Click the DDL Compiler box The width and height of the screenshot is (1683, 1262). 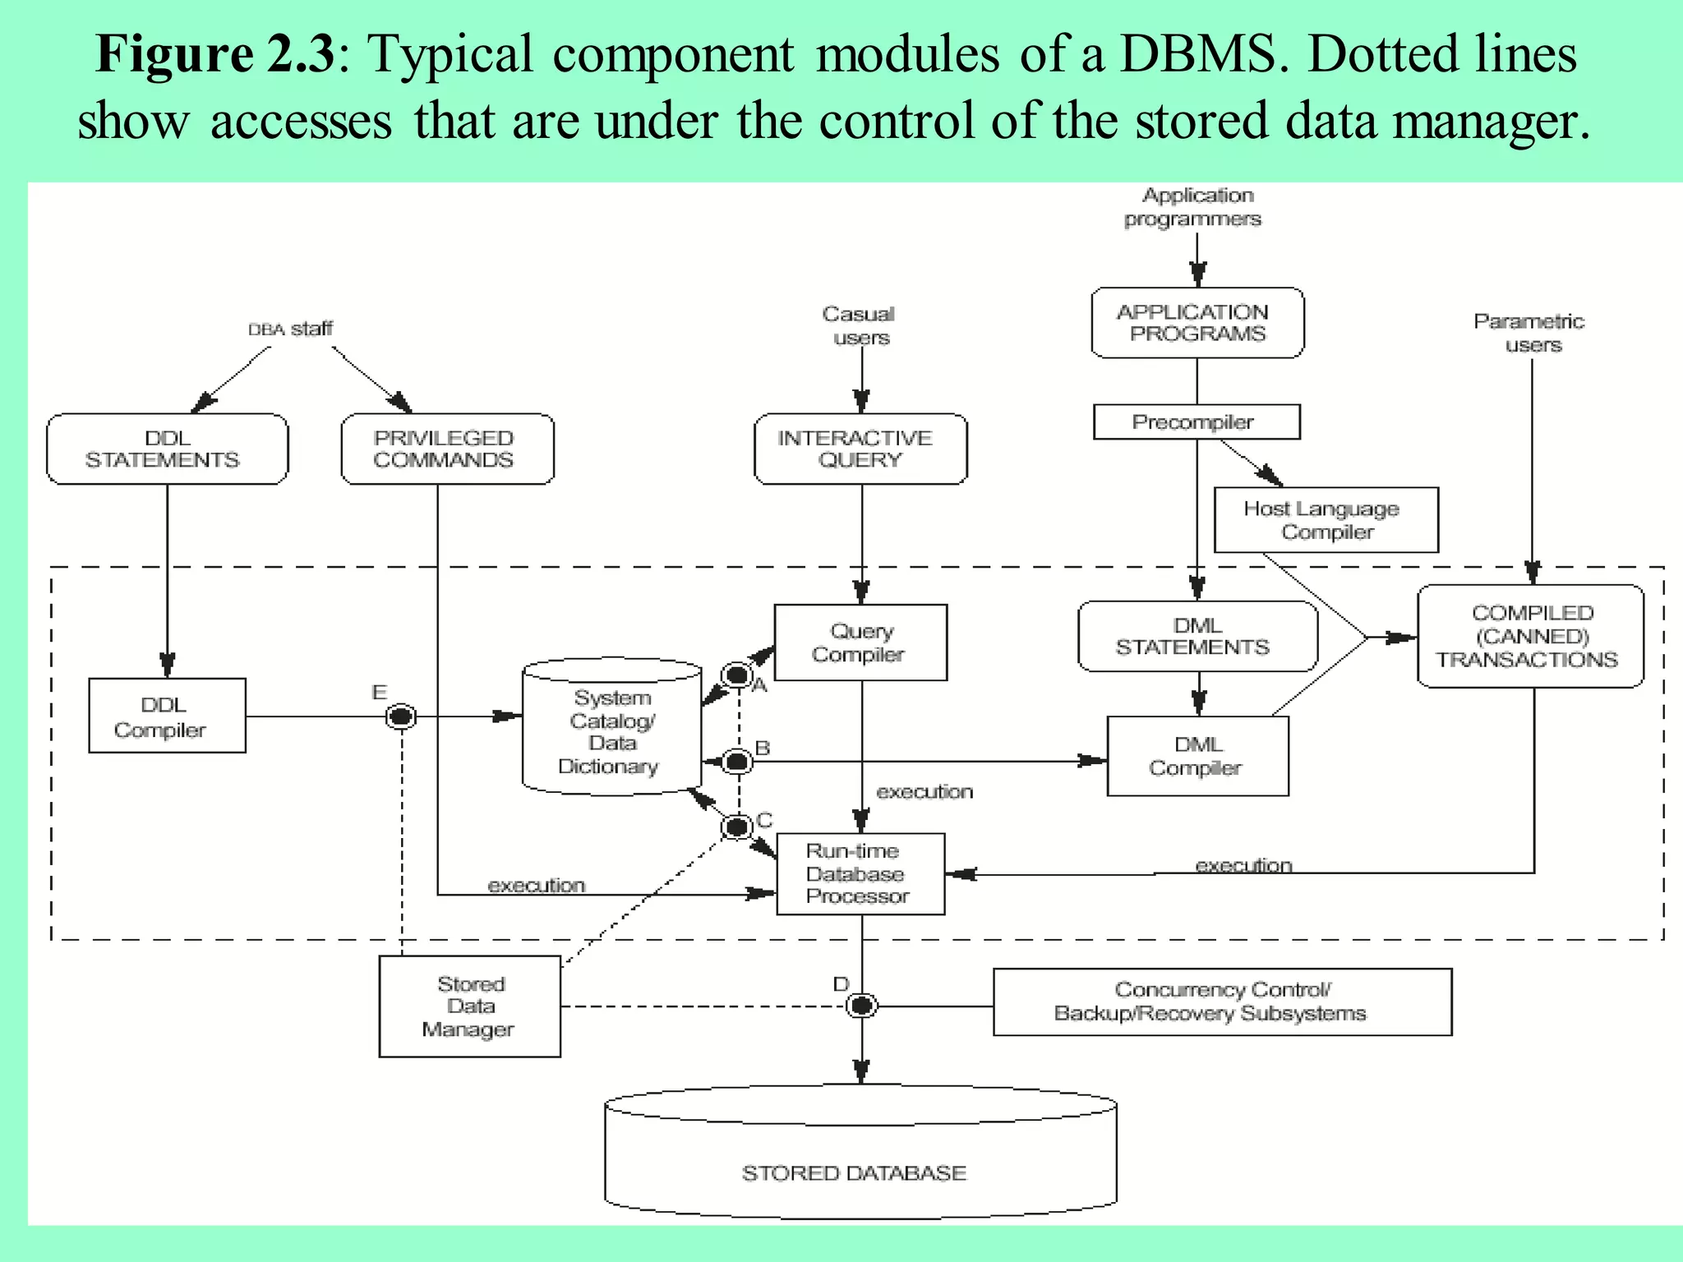[167, 716]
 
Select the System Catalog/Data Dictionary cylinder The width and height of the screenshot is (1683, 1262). [611, 729]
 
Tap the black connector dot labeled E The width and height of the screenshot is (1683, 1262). [401, 716]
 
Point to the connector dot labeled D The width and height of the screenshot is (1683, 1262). [861, 1005]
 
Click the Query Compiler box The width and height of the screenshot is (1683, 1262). [860, 643]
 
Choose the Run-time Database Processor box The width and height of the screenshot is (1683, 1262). [860, 873]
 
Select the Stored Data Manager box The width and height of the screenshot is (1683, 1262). [469, 1006]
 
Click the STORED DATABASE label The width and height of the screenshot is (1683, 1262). [854, 1172]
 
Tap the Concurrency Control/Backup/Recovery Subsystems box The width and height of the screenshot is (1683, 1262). [1222, 1002]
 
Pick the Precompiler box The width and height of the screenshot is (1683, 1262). [1196, 421]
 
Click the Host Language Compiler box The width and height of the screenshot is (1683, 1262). [1326, 520]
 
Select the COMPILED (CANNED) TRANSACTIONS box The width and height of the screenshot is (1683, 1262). [1530, 636]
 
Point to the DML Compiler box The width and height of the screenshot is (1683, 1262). [1197, 756]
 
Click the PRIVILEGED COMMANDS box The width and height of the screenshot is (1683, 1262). [447, 449]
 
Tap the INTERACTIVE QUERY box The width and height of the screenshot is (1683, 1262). [860, 449]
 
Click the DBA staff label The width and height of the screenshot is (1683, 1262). [291, 329]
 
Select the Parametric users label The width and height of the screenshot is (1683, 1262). [1529, 332]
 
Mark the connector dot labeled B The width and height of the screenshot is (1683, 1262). [737, 762]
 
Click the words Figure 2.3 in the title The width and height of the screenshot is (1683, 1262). [215, 54]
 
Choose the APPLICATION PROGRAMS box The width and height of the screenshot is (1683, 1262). [1197, 323]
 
